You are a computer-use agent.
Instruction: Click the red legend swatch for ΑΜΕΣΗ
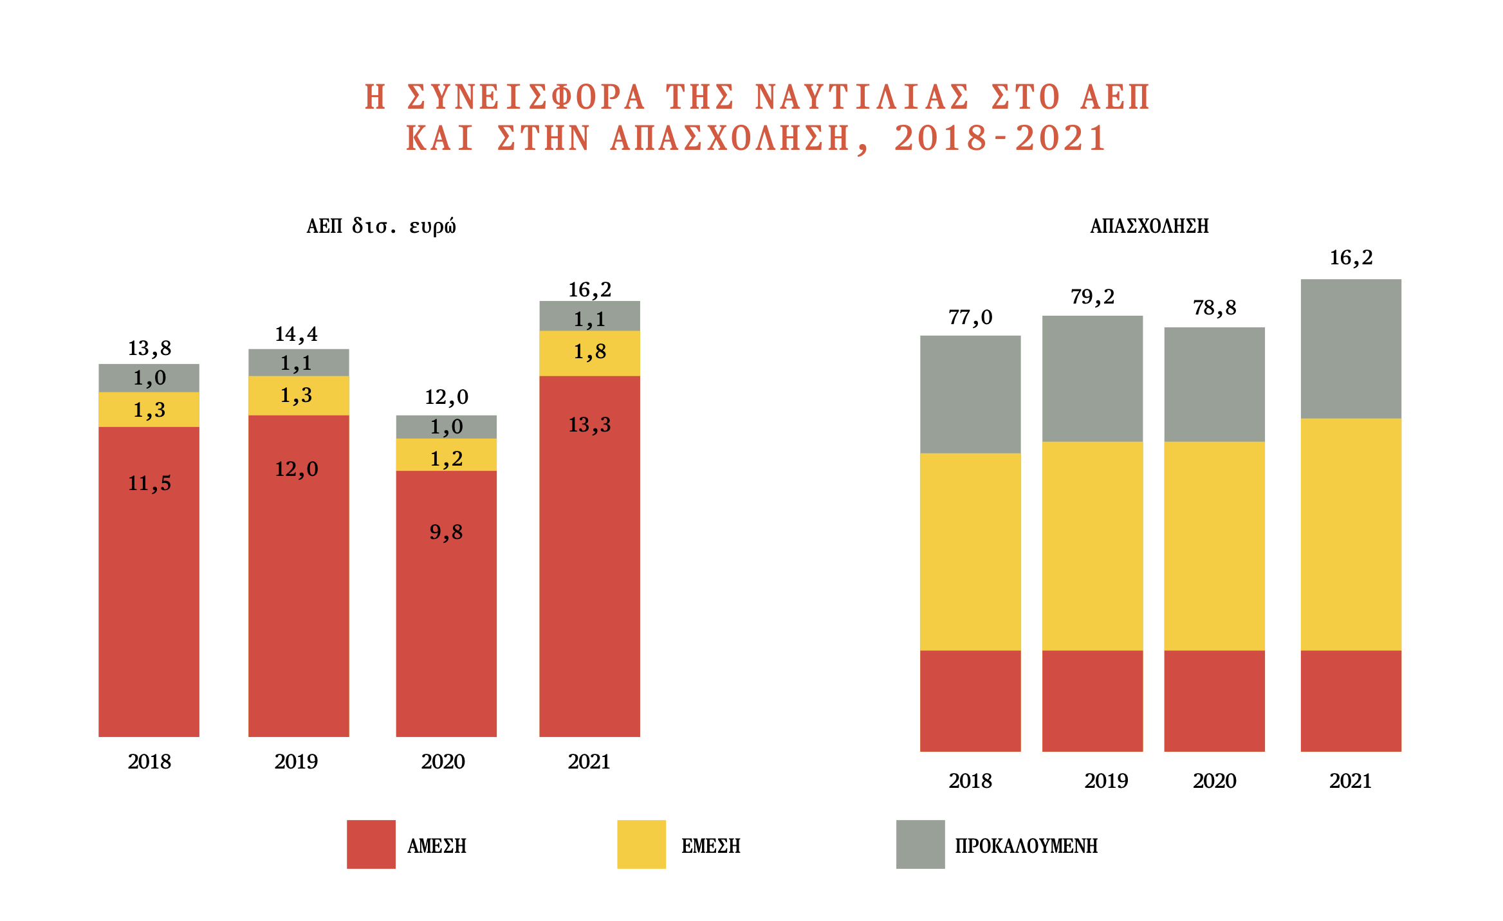coord(371,844)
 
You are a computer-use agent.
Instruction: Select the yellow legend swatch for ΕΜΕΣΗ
coord(641,844)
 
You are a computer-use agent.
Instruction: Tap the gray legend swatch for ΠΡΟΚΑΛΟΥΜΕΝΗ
coord(920,844)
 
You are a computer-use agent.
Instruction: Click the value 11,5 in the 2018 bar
coord(149,483)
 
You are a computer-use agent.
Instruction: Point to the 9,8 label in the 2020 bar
coord(446,532)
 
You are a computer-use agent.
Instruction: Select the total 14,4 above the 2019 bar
coord(296,334)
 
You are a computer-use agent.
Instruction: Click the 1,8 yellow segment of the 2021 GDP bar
coord(589,352)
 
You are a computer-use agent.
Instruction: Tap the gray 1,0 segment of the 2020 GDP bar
coord(446,427)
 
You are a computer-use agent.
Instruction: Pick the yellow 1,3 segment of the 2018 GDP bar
coord(149,410)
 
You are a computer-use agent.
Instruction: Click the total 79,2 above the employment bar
coord(1092,296)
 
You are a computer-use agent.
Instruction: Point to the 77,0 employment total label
coord(970,317)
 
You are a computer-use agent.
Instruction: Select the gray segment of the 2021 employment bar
coord(1351,349)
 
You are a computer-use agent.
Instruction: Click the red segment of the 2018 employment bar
coord(970,700)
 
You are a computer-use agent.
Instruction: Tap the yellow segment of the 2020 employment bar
coord(1214,545)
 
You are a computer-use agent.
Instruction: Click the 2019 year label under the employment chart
coord(1105,781)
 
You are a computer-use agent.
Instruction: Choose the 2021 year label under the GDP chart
coord(589,761)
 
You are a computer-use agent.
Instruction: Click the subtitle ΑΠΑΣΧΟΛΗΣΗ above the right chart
coord(1149,226)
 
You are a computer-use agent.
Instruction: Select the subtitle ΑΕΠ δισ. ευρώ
coord(381,226)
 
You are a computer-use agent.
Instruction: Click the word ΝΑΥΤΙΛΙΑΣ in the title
coord(862,98)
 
